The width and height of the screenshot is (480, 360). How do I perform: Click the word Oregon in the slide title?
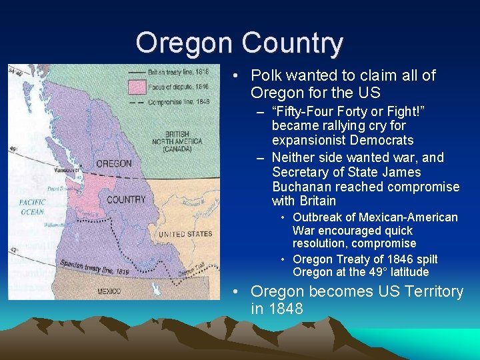pos(185,43)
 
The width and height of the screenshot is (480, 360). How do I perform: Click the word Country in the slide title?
pos(293,43)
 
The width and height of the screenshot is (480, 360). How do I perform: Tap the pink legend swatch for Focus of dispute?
pos(137,87)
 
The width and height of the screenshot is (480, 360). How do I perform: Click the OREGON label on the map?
pos(113,164)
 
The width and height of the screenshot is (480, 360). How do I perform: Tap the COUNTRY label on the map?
pos(126,199)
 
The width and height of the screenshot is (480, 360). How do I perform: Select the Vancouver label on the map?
pos(67,170)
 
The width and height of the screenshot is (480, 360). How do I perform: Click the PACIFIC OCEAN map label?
pos(31,207)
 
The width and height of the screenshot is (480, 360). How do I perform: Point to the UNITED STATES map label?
pos(185,234)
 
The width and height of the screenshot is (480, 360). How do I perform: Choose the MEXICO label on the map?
pos(109,291)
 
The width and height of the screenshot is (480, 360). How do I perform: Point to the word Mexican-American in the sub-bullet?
pos(407,217)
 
